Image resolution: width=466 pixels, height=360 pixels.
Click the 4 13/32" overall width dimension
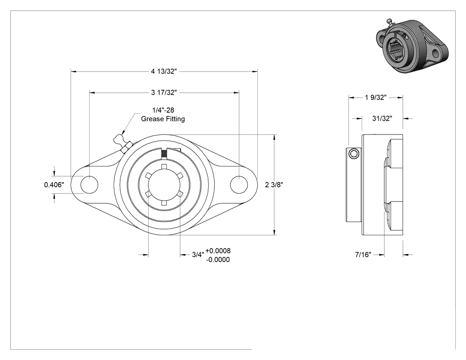(x=164, y=71)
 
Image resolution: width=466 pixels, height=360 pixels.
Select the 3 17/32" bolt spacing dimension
(x=164, y=92)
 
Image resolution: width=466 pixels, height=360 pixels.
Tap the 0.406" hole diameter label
(x=54, y=185)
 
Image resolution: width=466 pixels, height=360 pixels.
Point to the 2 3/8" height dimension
(x=274, y=185)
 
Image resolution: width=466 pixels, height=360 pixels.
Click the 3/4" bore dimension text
(x=198, y=255)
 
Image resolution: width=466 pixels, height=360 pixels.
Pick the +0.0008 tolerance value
(x=218, y=251)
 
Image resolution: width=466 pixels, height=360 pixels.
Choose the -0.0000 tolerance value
(x=218, y=260)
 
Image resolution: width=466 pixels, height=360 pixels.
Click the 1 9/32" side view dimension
(x=375, y=98)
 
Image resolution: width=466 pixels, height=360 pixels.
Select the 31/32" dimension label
(x=382, y=119)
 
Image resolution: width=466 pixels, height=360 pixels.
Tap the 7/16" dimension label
(x=363, y=255)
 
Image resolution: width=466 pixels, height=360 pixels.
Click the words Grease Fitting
(x=163, y=119)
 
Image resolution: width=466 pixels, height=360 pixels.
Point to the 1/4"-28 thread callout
(x=163, y=110)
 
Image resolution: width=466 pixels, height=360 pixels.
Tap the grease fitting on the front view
(x=122, y=143)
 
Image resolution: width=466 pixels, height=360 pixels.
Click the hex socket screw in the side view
(x=354, y=154)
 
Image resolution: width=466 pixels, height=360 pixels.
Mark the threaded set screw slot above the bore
(x=164, y=154)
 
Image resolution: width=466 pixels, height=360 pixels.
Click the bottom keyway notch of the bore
(x=164, y=203)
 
